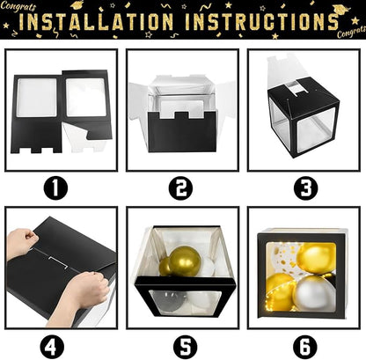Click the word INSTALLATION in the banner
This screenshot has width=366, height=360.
(x=96, y=21)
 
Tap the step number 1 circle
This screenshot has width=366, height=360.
(x=55, y=188)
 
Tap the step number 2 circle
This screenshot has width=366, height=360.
(x=181, y=188)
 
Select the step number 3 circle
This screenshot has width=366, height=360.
(x=306, y=188)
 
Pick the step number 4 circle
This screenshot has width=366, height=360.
(x=52, y=347)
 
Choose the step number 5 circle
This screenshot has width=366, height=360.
(x=185, y=347)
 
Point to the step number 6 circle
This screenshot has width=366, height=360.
(x=306, y=347)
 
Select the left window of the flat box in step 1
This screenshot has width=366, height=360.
(x=37, y=98)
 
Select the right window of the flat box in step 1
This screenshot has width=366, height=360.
(x=85, y=97)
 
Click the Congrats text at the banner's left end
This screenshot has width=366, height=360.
(x=18, y=6)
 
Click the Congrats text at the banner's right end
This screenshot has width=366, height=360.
(x=351, y=32)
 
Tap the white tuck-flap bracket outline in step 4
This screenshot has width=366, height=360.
(x=58, y=262)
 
